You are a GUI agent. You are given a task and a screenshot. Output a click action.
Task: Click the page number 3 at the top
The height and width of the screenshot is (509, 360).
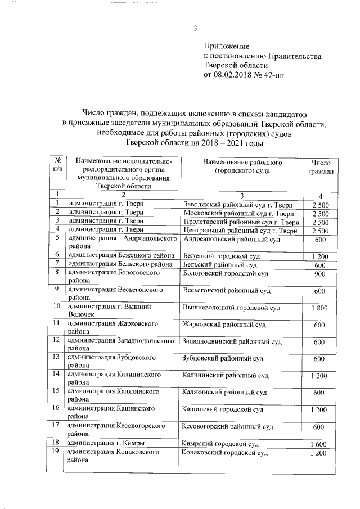click(195, 30)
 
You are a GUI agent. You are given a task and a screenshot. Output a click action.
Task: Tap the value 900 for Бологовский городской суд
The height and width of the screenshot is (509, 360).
click(320, 273)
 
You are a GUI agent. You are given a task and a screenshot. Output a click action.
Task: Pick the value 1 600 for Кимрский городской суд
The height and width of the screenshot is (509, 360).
click(320, 444)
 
